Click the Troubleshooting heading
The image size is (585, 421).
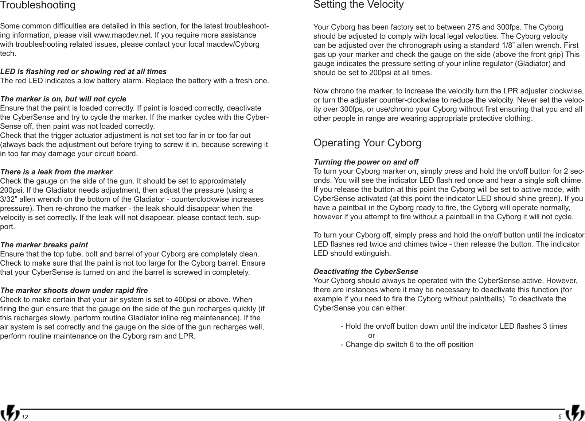[38, 5]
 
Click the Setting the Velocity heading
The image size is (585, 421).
[359, 5]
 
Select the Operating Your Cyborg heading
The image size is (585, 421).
[367, 143]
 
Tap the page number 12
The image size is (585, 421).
[24, 417]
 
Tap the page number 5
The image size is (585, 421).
[559, 417]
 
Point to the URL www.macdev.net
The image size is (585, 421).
[122, 36]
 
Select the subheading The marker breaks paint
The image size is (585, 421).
[44, 245]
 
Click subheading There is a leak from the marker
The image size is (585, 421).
[56, 172]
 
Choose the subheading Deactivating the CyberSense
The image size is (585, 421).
[366, 272]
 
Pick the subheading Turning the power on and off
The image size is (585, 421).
[366, 162]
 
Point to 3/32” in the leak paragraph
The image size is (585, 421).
[9, 200]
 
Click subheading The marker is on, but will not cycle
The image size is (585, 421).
[63, 99]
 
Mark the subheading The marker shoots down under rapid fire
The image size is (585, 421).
[74, 291]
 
